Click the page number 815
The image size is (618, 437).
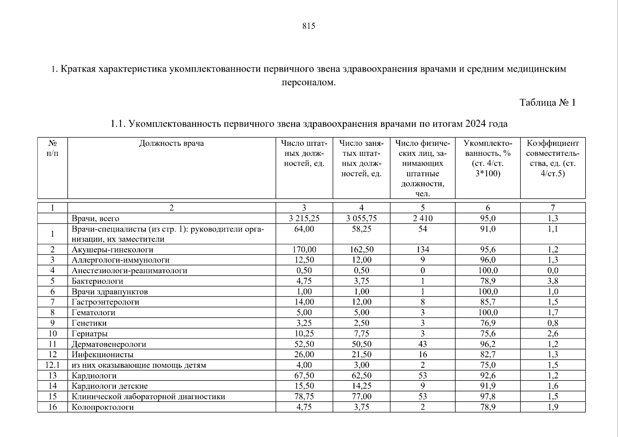308,26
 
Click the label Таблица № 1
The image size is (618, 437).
547,103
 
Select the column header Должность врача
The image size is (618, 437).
171,143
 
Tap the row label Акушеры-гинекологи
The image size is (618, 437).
112,250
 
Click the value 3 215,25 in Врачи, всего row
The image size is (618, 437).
304,219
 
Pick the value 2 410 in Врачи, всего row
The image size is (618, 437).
422,219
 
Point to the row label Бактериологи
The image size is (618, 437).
97,281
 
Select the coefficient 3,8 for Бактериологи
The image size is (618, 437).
553,281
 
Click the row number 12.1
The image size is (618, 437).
52,365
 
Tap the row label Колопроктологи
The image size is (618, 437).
103,407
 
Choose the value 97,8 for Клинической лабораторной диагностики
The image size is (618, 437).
488,397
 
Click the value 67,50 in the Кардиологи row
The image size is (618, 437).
304,375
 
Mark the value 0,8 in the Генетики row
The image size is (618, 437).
553,323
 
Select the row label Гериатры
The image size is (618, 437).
90,334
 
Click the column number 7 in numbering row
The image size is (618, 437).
553,208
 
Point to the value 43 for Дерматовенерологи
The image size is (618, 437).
422,344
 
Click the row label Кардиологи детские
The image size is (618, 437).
110,386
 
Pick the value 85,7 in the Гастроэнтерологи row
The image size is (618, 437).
488,302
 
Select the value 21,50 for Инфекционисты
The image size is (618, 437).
361,355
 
